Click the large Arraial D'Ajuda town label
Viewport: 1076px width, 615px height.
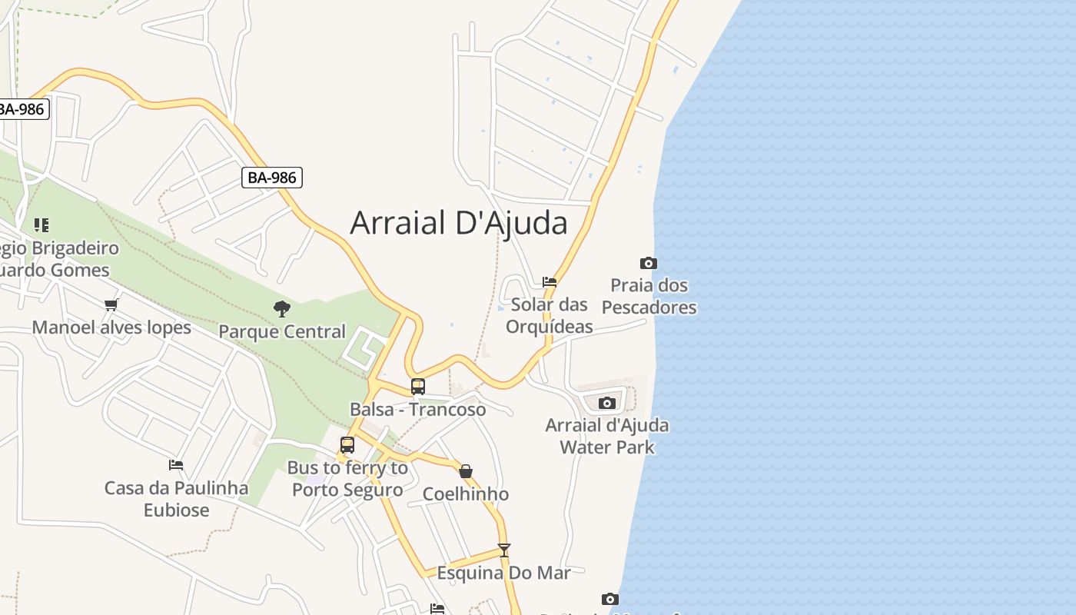[459, 223]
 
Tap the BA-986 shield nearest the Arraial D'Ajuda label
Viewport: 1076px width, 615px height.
[272, 178]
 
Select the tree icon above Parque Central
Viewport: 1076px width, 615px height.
[282, 309]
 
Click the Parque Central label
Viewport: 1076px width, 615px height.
[282, 331]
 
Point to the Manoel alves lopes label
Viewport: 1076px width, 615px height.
[111, 327]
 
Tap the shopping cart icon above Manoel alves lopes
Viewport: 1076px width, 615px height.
[111, 305]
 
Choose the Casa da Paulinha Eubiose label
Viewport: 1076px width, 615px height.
[176, 499]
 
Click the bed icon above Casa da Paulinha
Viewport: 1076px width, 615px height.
[176, 465]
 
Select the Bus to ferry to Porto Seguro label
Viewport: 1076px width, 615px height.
[347, 479]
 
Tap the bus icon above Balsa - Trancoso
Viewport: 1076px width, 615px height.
[418, 387]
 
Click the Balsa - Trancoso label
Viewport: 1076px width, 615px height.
[418, 409]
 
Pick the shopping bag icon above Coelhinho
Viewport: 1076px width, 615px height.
[466, 471]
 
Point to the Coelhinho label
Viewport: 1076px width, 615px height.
[466, 494]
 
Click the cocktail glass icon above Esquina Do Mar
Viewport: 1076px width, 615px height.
[504, 550]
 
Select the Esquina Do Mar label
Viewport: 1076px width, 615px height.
[504, 573]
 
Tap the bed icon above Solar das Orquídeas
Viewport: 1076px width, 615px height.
[550, 282]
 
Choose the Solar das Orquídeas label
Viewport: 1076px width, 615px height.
[550, 315]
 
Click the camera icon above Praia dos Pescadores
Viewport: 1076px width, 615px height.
[649, 264]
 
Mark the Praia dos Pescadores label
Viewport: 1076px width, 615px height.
[649, 296]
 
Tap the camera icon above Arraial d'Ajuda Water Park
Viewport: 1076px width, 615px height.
[607, 403]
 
